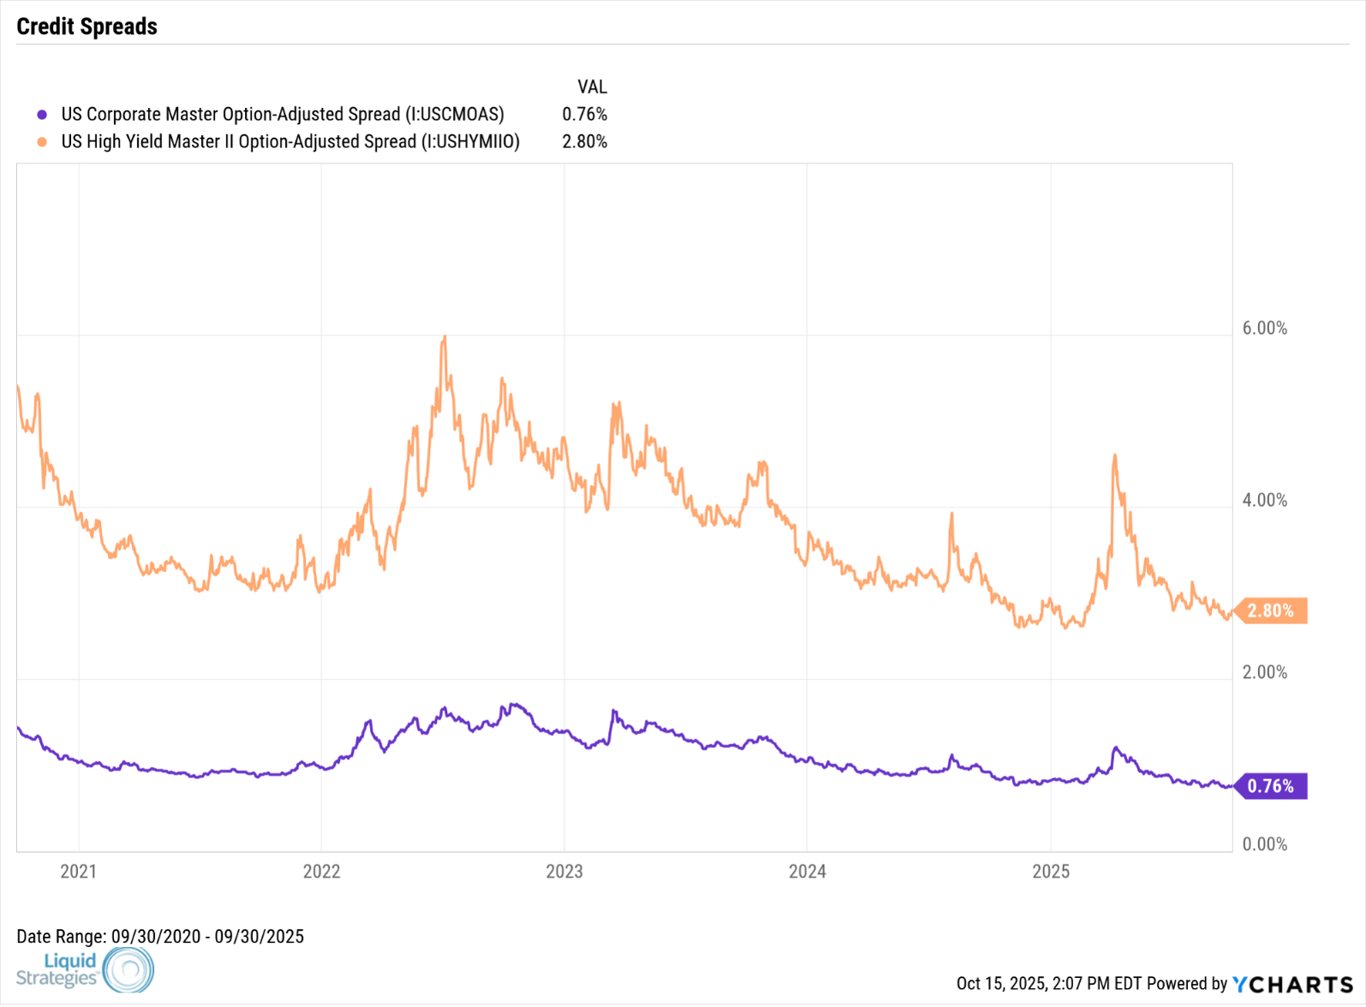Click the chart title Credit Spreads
pyautogui.click(x=86, y=27)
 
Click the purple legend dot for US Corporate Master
pyautogui.click(x=42, y=115)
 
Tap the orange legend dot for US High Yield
pyautogui.click(x=42, y=142)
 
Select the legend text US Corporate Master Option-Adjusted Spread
pyautogui.click(x=283, y=115)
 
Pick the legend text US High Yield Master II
pyautogui.click(x=290, y=142)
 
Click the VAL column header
pyautogui.click(x=592, y=87)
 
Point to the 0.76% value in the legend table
pyautogui.click(x=584, y=115)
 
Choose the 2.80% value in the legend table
pyautogui.click(x=584, y=142)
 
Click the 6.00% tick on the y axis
pyautogui.click(x=1264, y=329)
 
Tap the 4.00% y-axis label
pyautogui.click(x=1264, y=501)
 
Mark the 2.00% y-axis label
pyautogui.click(x=1264, y=673)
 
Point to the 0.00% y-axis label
pyautogui.click(x=1264, y=845)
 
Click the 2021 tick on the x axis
pyautogui.click(x=78, y=872)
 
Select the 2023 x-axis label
pyautogui.click(x=564, y=872)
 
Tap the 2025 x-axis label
pyautogui.click(x=1051, y=872)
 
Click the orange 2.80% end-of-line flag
pyautogui.click(x=1270, y=611)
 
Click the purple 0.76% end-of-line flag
pyautogui.click(x=1270, y=786)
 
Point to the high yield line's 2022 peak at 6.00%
pyautogui.click(x=444, y=337)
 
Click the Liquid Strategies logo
pyautogui.click(x=85, y=969)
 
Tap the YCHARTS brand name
pyautogui.click(x=1292, y=985)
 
